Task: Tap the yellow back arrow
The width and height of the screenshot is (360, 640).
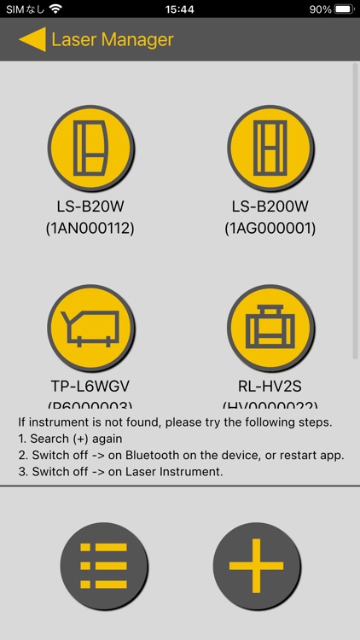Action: [x=32, y=39]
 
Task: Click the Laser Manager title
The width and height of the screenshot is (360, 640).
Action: [x=112, y=39]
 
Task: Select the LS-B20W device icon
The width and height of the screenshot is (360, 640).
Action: [x=90, y=148]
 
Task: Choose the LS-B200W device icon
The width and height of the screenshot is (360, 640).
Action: [x=270, y=148]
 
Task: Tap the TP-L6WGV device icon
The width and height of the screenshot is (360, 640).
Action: [x=90, y=328]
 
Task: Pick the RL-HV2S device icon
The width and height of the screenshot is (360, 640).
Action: [x=270, y=328]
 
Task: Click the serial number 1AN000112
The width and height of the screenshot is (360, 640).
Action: [x=90, y=228]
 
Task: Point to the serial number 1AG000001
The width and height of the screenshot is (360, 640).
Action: [x=270, y=228]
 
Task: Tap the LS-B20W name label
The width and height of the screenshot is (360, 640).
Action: [x=90, y=207]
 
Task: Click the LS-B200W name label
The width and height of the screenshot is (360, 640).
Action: [x=270, y=207]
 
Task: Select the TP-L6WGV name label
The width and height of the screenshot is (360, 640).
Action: [x=90, y=386]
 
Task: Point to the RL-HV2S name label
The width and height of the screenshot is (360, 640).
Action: [x=270, y=386]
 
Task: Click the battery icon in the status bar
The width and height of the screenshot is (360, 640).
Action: [x=343, y=9]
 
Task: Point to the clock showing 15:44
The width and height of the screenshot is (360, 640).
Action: [x=180, y=9]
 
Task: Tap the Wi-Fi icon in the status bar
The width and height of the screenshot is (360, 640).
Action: [x=55, y=9]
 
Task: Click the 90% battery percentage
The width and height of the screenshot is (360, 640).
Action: [x=320, y=9]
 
